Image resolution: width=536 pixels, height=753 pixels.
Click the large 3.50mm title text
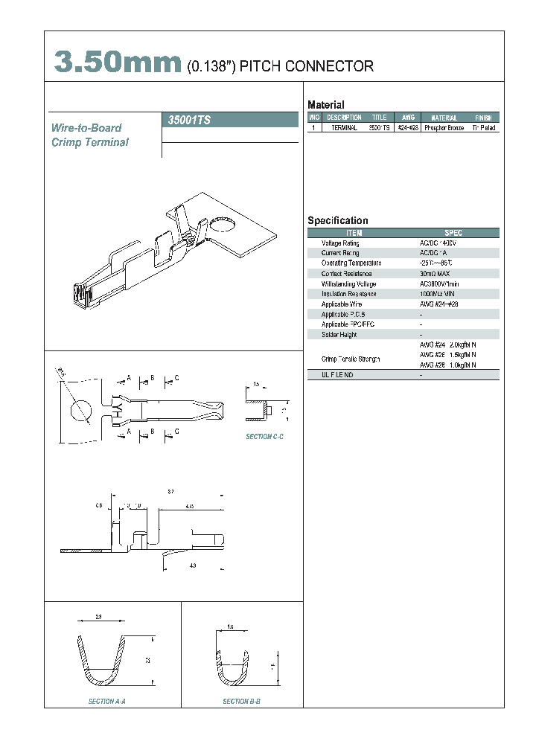coord(118,63)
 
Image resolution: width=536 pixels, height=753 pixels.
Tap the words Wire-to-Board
coord(86,128)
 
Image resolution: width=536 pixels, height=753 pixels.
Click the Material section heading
coord(326,105)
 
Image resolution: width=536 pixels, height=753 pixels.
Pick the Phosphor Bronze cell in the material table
coord(444,128)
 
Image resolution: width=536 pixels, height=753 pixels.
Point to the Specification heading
coord(338,220)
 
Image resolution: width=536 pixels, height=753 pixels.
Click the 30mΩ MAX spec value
coord(435,274)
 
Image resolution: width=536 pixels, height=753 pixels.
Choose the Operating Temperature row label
coord(351,263)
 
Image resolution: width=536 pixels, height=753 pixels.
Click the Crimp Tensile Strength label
coord(351,359)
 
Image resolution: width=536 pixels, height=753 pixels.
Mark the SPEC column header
coord(453,233)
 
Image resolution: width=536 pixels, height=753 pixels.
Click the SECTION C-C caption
coord(265,437)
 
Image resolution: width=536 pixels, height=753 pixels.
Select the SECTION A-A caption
coord(112,701)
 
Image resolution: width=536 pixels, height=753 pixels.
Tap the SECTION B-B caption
coord(242,701)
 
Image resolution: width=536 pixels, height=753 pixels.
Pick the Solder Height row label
coord(339,335)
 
